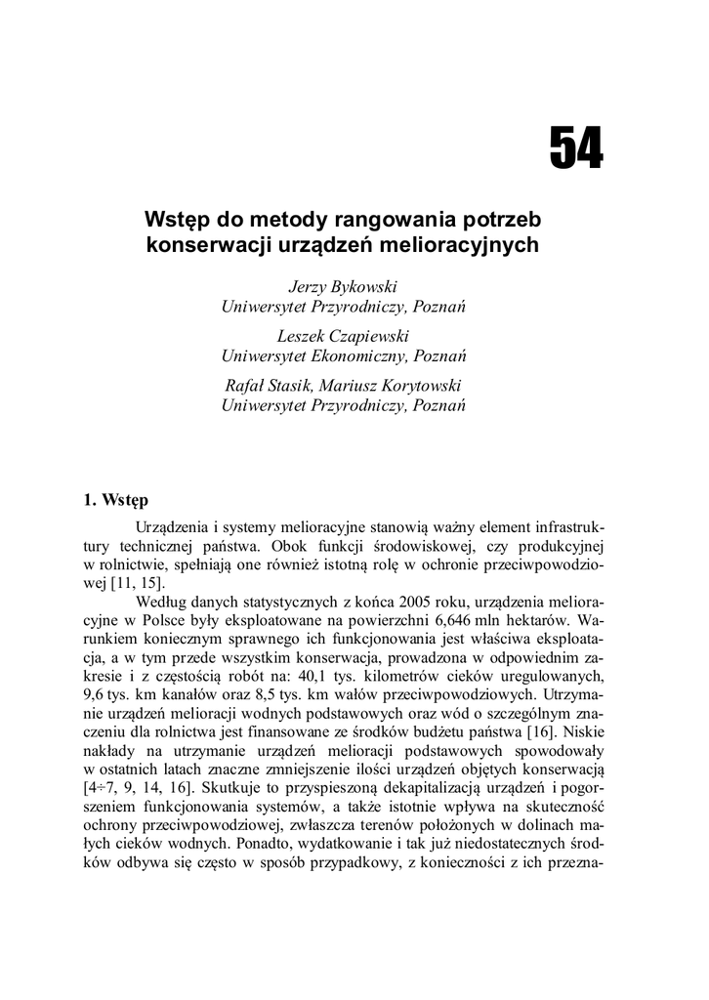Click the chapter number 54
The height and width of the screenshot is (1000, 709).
(x=576, y=149)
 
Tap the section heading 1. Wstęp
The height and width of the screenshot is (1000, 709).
(x=116, y=504)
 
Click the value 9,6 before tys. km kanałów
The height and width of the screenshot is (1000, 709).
(x=97, y=697)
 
